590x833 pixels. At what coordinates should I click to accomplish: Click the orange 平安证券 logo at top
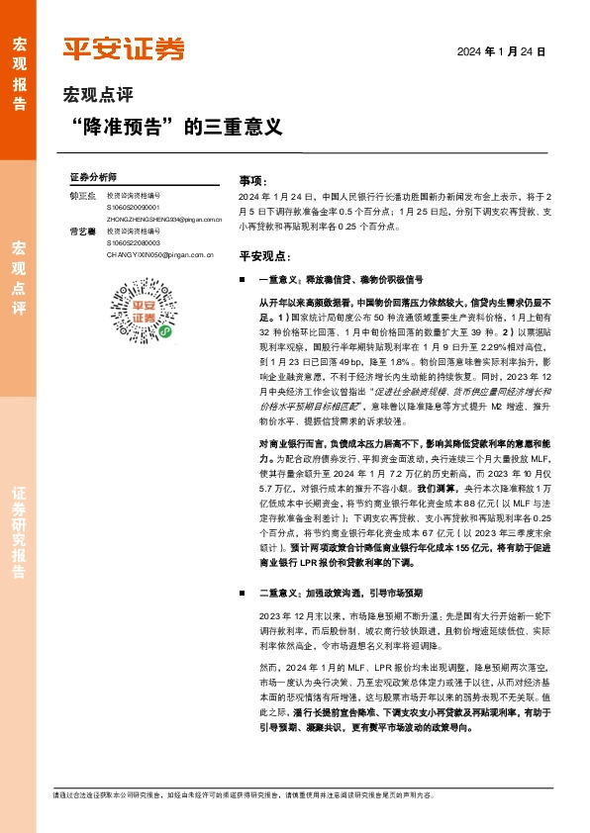[x=124, y=47]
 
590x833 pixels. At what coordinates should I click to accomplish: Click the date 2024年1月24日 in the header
[x=501, y=50]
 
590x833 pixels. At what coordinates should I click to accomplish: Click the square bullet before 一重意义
[x=244, y=281]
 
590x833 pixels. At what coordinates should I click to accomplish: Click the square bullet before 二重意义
[x=244, y=593]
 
